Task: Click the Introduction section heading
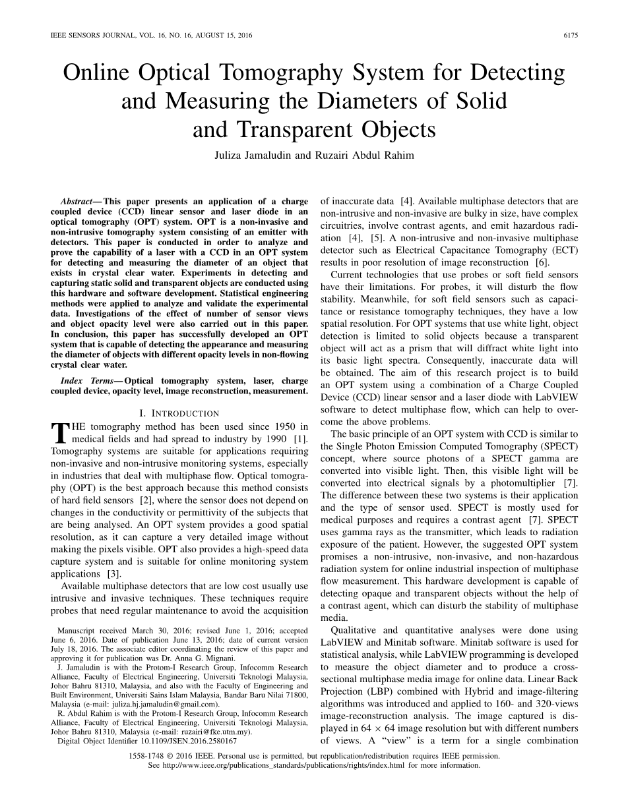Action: coord(179,413)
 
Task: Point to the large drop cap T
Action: coord(59,432)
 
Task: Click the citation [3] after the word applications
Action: coord(113,574)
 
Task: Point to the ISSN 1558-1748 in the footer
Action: coord(151,757)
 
